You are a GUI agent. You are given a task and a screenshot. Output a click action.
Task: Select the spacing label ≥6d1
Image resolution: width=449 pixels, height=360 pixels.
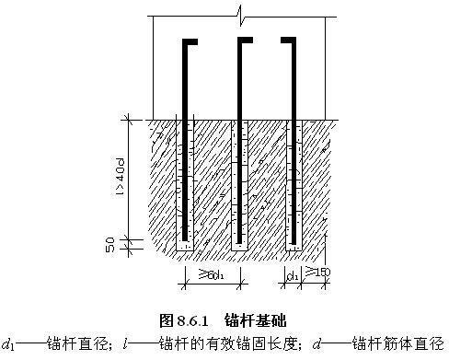point(213,275)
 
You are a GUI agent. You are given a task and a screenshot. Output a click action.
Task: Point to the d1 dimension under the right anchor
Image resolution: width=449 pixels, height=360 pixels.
point(293,275)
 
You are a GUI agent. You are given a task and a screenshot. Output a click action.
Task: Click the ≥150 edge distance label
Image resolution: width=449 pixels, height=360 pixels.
point(317,273)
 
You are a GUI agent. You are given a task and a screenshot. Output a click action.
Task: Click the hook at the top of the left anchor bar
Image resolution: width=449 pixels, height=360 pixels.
point(190,42)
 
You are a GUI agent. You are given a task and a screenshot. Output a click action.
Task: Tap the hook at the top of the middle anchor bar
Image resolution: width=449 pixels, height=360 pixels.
point(244,42)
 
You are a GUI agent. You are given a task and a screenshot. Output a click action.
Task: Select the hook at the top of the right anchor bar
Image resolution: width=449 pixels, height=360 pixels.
point(290,42)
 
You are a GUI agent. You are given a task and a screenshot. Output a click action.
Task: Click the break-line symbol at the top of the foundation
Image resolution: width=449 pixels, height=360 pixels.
point(238,13)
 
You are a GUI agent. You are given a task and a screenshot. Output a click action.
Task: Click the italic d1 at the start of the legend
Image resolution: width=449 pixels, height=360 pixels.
point(8,345)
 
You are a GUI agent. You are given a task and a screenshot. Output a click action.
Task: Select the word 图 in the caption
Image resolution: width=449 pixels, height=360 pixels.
point(167,320)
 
